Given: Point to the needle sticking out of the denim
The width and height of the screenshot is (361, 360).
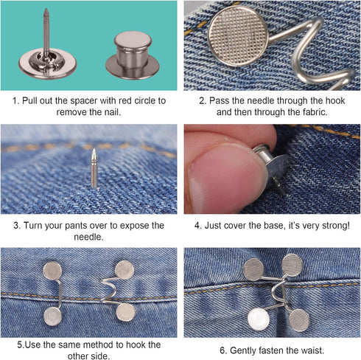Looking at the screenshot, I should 94,169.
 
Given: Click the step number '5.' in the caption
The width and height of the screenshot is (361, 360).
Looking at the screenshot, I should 20,345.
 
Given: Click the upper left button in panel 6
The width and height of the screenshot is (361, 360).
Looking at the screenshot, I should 254,268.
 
